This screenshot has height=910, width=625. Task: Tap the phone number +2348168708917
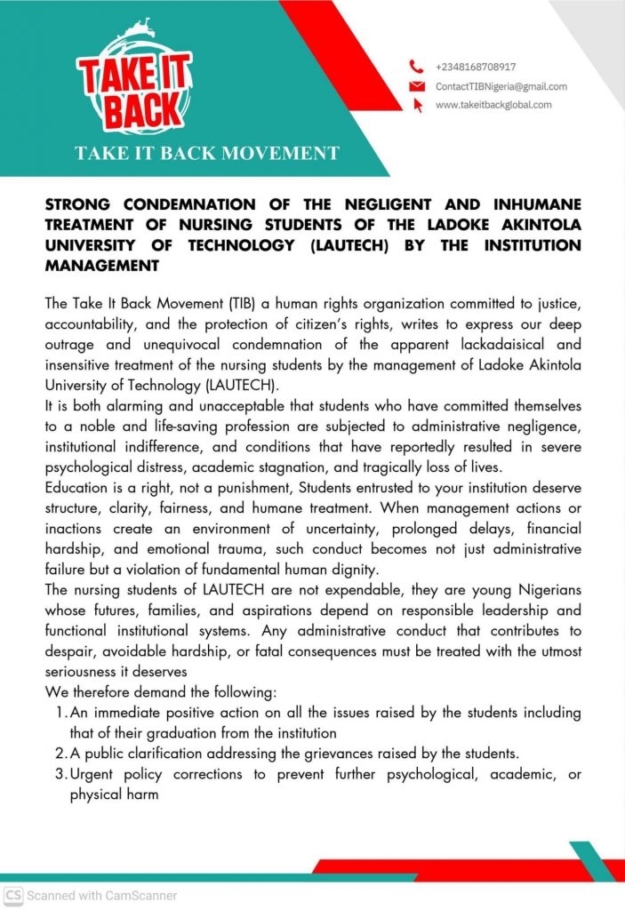coord(476,67)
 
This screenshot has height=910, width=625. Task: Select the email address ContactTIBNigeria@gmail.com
coord(501,86)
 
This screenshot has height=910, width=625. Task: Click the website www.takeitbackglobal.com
coord(493,105)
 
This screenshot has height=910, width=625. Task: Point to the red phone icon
coord(416,67)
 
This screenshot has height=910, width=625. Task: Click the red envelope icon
coord(416,86)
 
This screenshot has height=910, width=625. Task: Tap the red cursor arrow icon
coord(418,106)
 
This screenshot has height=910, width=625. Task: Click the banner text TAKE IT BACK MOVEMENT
coord(206,153)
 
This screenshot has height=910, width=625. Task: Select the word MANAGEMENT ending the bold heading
coord(101,265)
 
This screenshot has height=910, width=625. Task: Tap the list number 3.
coord(58,774)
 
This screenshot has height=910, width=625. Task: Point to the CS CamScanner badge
coord(12,896)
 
